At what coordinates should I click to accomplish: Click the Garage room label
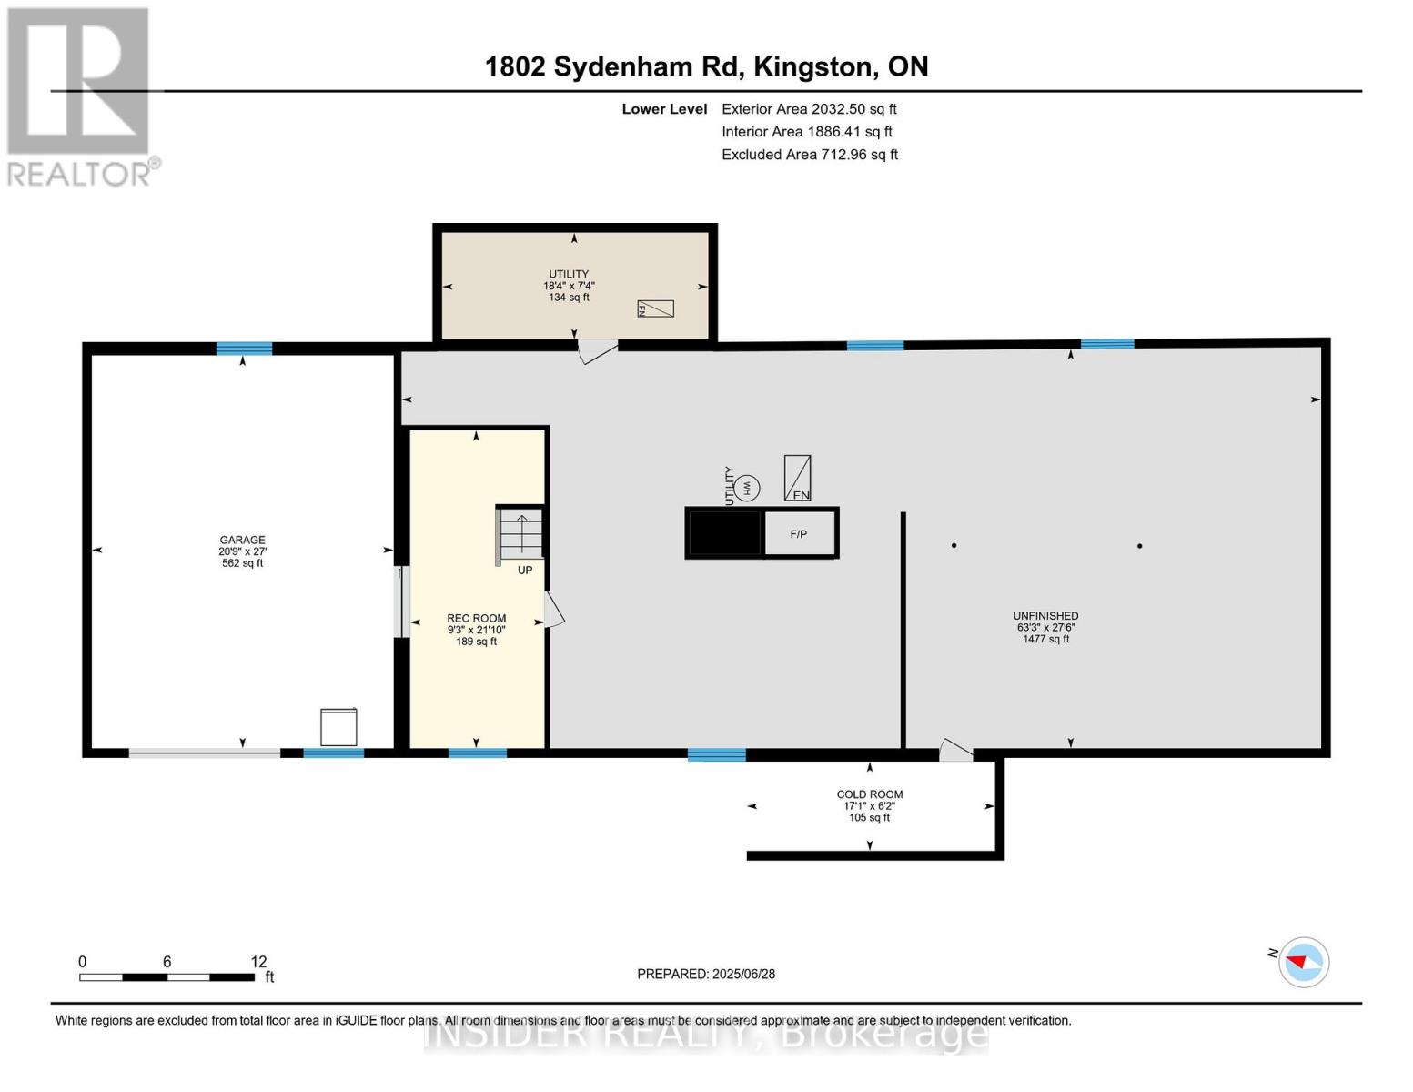[242, 551]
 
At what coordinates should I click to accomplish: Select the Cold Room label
[870, 805]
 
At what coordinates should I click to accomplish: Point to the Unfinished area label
[1045, 627]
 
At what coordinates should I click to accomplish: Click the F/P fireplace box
[799, 533]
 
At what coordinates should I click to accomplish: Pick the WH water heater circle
[747, 488]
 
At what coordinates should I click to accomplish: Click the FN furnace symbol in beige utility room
[655, 308]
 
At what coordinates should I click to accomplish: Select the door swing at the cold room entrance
[954, 751]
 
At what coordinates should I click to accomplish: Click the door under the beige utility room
[596, 350]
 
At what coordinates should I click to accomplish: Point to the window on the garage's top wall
[244, 348]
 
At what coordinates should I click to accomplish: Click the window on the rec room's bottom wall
[478, 753]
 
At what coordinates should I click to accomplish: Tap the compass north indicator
[1303, 962]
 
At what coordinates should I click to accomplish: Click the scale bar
[167, 977]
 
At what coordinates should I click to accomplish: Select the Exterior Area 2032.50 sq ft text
[809, 109]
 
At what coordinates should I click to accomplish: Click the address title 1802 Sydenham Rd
[706, 66]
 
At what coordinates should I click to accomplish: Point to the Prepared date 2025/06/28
[706, 974]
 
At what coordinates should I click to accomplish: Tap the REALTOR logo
[80, 96]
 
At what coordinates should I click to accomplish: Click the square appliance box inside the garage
[338, 727]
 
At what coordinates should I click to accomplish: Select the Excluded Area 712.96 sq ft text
[810, 155]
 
